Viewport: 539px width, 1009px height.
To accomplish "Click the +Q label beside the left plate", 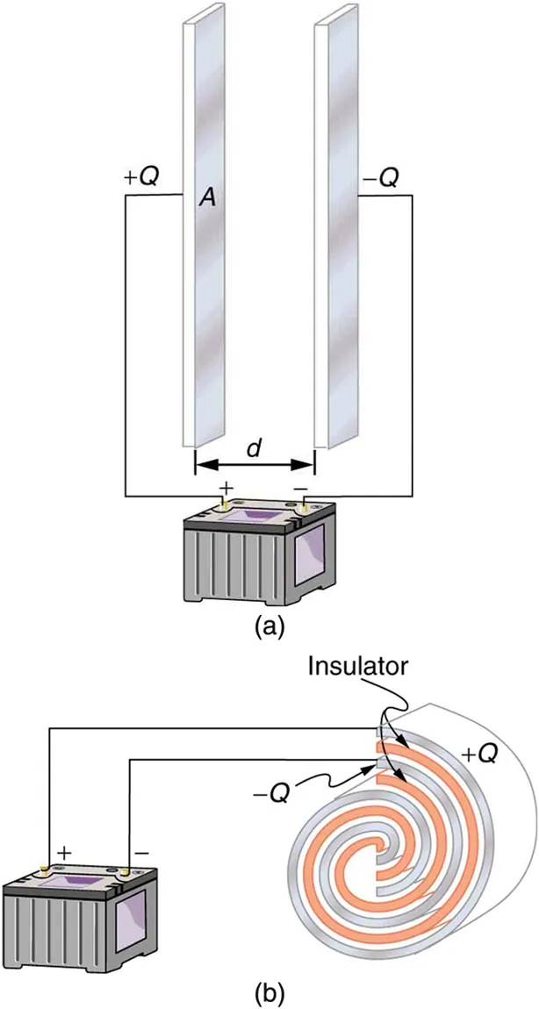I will pyautogui.click(x=142, y=177).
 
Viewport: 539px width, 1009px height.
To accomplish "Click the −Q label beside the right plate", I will pyautogui.click(x=380, y=178).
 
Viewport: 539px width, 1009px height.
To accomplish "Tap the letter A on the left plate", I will pyautogui.click(x=207, y=199).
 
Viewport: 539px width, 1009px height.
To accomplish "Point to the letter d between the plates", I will pyautogui.click(x=254, y=447).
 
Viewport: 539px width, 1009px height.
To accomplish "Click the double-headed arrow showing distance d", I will pyautogui.click(x=254, y=465).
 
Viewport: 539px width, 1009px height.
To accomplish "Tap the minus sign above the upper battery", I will pyautogui.click(x=300, y=484).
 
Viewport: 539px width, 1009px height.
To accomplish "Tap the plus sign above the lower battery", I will pyautogui.click(x=64, y=852).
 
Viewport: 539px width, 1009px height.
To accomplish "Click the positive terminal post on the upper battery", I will pyautogui.click(x=225, y=504).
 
